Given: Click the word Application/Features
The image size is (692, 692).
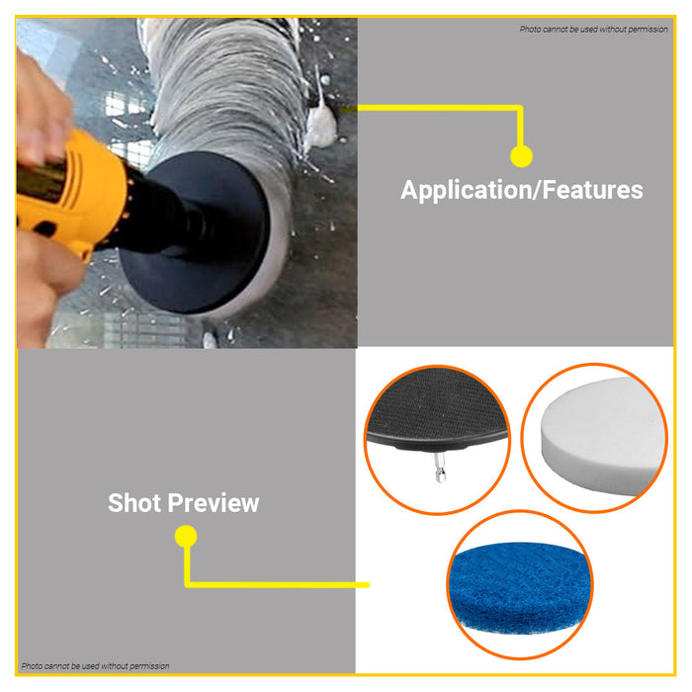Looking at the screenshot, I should coord(521,190).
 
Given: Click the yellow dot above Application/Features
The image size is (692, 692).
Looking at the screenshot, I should coord(521,155).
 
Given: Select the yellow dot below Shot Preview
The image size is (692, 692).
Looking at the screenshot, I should coord(185,537).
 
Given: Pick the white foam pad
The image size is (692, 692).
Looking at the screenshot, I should coord(599,435).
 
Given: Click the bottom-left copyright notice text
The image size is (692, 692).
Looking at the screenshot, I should coord(96,666).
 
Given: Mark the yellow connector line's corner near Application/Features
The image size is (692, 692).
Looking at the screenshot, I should coord(520,108).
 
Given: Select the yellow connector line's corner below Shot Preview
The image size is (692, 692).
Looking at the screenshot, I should coord(187,583).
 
